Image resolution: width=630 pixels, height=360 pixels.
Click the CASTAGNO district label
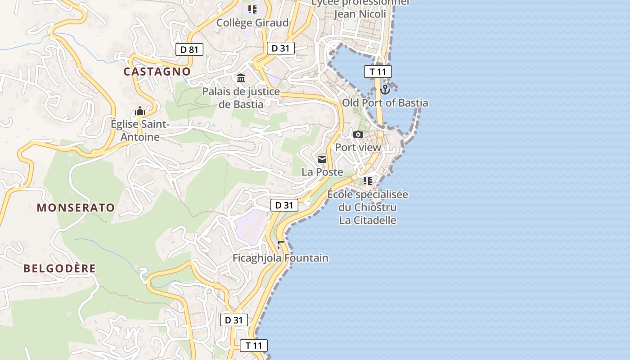coord(157,72)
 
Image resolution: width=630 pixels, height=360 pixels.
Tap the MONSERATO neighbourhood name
coord(76,207)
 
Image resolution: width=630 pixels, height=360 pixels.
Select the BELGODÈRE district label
coord(59,269)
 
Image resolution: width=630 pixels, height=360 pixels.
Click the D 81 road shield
coord(189,49)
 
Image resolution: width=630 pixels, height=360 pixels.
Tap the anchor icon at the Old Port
coord(385,89)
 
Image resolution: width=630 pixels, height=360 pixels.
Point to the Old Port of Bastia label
coord(385,103)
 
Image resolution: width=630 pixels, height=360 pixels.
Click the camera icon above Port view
coord(358,134)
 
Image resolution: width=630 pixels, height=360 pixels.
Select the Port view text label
coord(358,147)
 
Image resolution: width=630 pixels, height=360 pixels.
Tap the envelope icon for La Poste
coord(322,159)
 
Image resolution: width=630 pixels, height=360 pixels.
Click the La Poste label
coord(322,172)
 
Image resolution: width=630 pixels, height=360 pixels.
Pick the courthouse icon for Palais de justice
coord(241,79)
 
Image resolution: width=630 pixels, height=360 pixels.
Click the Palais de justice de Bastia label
coord(241,98)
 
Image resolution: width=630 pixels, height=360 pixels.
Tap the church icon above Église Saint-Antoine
coord(140,111)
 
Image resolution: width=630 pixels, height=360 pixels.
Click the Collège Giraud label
coord(252,22)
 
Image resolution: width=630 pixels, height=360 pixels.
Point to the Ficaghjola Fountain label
coord(280,258)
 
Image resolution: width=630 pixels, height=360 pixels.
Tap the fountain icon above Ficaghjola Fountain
coord(281,245)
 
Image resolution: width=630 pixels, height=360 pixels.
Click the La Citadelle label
coord(368,220)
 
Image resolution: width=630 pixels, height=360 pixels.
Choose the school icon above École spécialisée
coord(367,181)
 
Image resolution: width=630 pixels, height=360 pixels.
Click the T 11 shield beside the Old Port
coord(378,71)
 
